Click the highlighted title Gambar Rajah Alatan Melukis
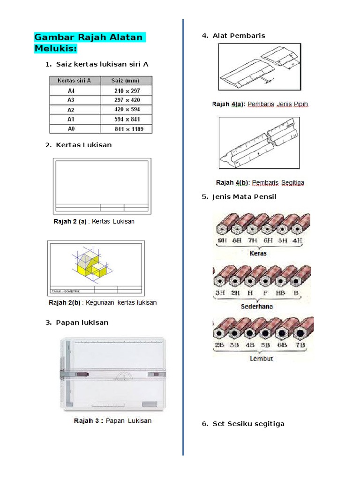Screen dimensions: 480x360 [89, 43]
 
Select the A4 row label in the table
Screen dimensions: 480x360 [71, 90]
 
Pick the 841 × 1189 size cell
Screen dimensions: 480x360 [126, 129]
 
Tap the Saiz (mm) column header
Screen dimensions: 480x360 [126, 80]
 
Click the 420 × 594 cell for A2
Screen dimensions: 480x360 [126, 110]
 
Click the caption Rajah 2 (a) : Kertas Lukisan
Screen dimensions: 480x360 [94, 221]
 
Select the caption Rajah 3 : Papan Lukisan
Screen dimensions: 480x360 [112, 420]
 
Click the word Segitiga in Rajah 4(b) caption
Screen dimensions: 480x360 [292, 182]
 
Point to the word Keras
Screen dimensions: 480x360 [258, 253]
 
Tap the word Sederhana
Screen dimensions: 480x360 [257, 307]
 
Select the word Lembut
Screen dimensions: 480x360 [262, 359]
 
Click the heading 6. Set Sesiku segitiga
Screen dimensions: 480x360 [248, 424]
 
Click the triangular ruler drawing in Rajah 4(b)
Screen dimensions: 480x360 [259, 142]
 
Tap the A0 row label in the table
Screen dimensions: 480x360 [71, 129]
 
